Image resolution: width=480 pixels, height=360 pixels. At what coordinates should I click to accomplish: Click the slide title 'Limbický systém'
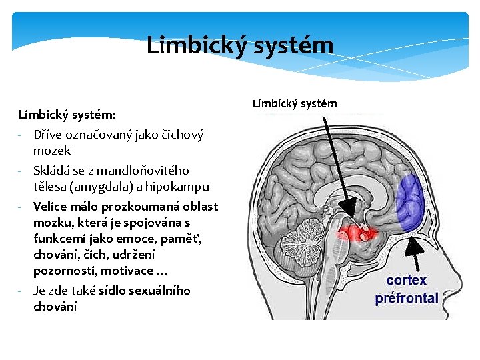239,45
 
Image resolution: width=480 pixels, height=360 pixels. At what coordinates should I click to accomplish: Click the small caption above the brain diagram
295,103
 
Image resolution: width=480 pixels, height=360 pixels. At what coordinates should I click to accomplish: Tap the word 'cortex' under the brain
406,280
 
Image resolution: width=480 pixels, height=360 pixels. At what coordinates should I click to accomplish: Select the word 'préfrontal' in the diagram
407,298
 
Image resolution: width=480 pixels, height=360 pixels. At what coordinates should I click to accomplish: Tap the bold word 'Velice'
51,206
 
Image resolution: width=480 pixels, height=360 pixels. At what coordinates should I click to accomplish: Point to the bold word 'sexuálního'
158,290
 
